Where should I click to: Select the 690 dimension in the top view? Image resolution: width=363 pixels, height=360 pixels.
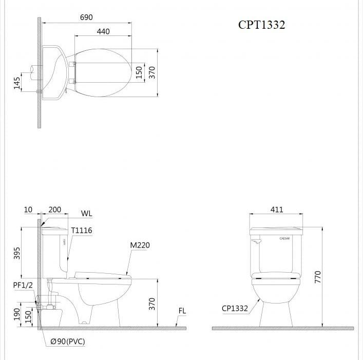point(86,17)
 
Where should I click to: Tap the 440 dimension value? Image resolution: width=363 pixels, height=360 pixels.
point(103,31)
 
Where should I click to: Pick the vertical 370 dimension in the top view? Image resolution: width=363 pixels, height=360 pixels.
point(151,72)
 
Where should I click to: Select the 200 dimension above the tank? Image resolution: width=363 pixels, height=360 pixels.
point(54,210)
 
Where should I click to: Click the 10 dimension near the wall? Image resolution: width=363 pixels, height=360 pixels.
point(28,210)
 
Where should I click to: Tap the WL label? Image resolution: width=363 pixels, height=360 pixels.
point(86,214)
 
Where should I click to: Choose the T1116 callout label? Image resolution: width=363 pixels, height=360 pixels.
point(82,231)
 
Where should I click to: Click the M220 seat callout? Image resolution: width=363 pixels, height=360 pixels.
point(140,245)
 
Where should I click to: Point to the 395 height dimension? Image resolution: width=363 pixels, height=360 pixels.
point(16,253)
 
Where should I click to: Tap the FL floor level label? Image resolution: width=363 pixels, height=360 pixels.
point(182,311)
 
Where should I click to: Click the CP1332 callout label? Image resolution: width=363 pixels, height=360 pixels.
point(235,309)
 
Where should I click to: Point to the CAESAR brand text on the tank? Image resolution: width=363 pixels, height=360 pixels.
point(285,238)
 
